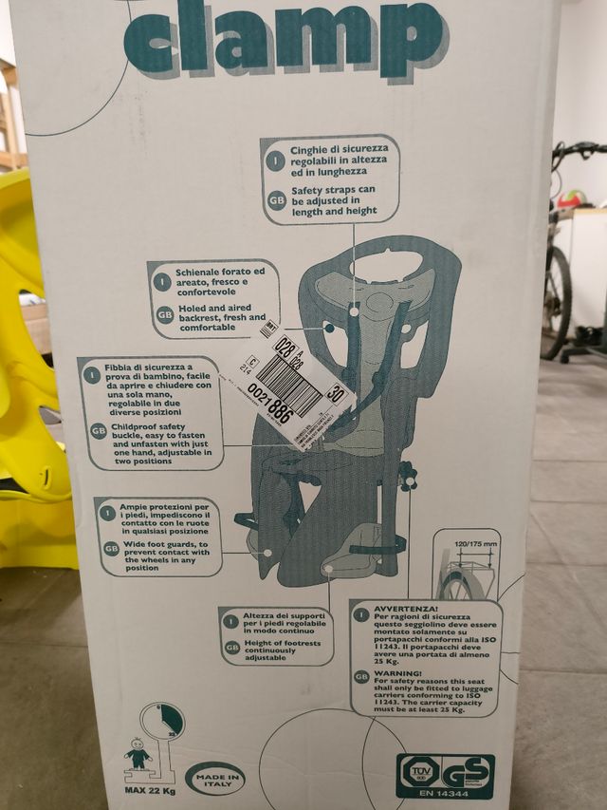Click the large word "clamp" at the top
[x=285, y=38]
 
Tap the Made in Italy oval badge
[x=215, y=778]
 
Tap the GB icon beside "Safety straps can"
[x=276, y=199]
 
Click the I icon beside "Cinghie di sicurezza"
[x=276, y=157]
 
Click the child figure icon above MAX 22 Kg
[x=139, y=756]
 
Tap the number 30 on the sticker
[x=335, y=390]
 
